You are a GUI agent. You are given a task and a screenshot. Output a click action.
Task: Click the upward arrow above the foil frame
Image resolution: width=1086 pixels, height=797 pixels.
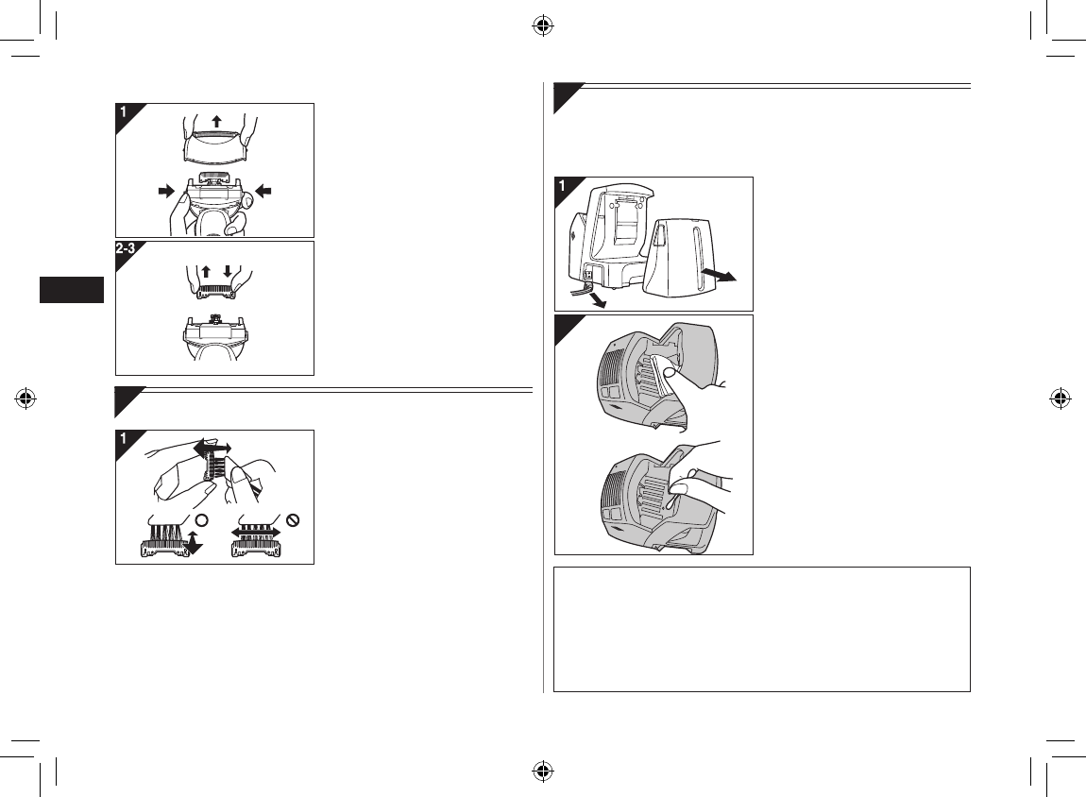pyautogui.click(x=216, y=122)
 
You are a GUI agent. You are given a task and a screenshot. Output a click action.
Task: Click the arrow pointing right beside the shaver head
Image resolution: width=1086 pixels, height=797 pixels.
pyautogui.click(x=166, y=191)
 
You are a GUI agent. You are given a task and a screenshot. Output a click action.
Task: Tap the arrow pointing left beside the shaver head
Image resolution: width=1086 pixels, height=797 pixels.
pyautogui.click(x=263, y=191)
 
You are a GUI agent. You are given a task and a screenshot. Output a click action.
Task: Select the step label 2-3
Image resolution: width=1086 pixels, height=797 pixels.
pyautogui.click(x=126, y=248)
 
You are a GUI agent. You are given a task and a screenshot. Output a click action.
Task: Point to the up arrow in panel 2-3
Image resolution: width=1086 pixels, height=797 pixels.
pyautogui.click(x=207, y=271)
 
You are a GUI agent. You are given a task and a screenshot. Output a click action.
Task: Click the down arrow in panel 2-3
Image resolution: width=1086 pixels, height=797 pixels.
pyautogui.click(x=228, y=271)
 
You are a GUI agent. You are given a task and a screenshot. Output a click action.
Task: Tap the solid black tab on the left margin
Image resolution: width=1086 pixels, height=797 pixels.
pyautogui.click(x=72, y=290)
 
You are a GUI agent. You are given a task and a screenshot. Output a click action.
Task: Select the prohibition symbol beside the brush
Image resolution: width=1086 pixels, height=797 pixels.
pyautogui.click(x=293, y=520)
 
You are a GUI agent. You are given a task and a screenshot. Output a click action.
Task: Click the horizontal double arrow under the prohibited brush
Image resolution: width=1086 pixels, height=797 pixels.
pyautogui.click(x=256, y=532)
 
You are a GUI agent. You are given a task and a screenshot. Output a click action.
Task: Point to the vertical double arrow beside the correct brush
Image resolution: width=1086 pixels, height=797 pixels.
pyautogui.click(x=194, y=541)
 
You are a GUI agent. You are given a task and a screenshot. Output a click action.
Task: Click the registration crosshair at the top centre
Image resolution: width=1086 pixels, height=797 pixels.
pyautogui.click(x=543, y=26)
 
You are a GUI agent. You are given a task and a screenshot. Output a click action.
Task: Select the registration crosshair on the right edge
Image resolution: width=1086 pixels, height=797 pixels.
pyautogui.click(x=1060, y=398)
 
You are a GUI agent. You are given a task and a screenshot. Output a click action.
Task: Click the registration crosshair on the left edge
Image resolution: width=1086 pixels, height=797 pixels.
pyautogui.click(x=25, y=398)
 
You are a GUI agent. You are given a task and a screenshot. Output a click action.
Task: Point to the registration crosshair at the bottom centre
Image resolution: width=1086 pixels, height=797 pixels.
pyautogui.click(x=543, y=771)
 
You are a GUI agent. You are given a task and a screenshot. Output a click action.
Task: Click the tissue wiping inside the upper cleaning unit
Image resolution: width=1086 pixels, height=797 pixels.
pyautogui.click(x=659, y=374)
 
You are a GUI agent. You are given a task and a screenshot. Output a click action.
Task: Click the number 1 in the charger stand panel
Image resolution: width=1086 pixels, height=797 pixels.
pyautogui.click(x=563, y=186)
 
